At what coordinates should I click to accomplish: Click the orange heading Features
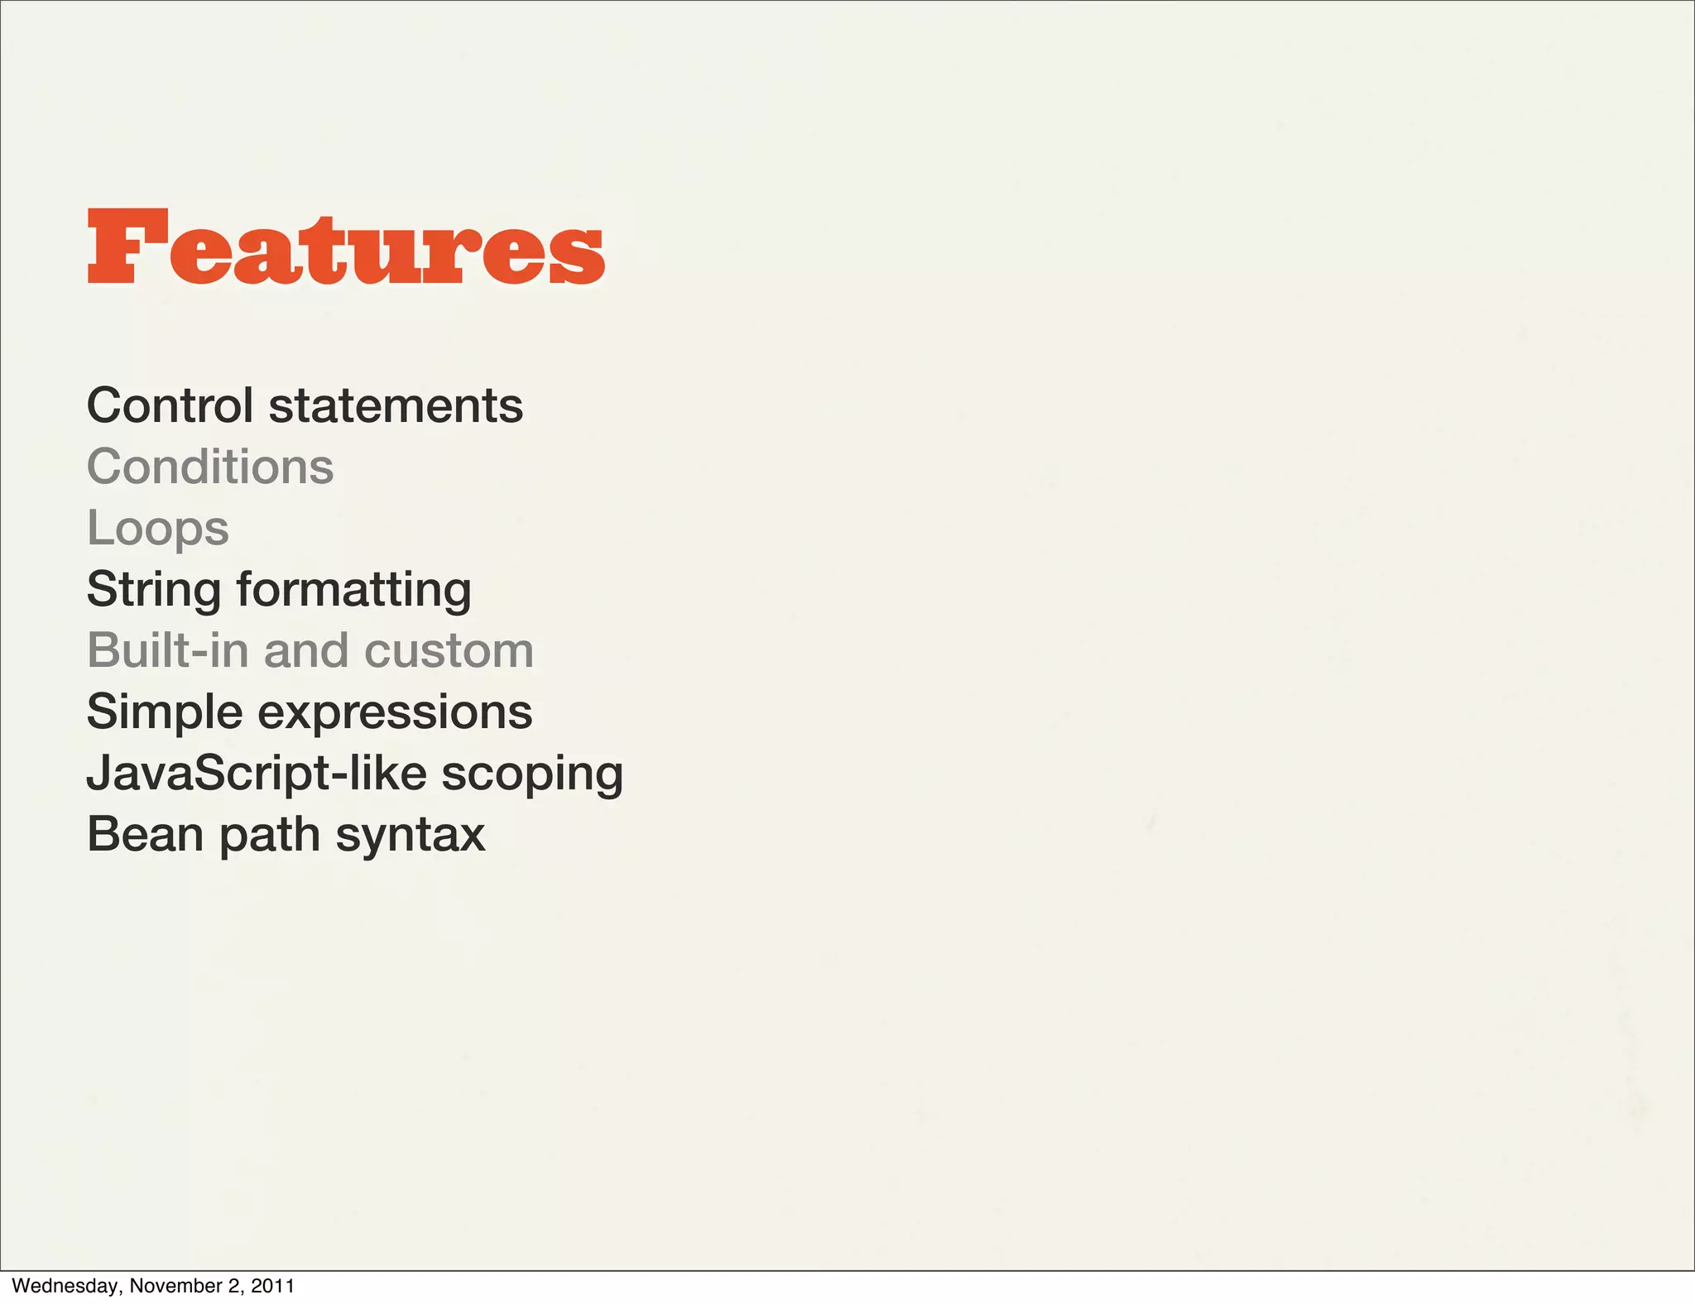[346, 247]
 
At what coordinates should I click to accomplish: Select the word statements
[396, 405]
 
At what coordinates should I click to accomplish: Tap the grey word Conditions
[210, 467]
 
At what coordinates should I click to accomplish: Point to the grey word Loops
[157, 529]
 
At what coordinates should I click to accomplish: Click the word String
[154, 590]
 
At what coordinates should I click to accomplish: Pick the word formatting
[354, 590]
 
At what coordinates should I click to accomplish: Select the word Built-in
[168, 650]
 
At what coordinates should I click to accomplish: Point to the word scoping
[532, 774]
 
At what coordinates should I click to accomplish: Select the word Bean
[145, 834]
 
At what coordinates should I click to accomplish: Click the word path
[269, 834]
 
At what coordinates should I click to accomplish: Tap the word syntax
[411, 834]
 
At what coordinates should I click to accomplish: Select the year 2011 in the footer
[272, 1286]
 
